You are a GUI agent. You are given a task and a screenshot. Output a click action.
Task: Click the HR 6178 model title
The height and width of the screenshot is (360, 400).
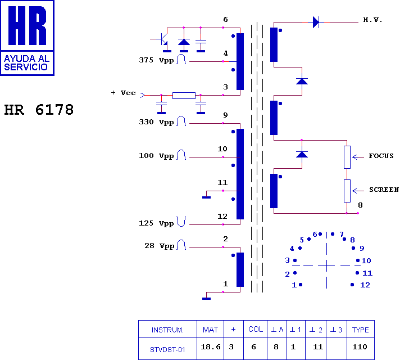click(x=39, y=110)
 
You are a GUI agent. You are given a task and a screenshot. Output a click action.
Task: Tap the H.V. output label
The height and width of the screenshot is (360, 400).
click(x=372, y=20)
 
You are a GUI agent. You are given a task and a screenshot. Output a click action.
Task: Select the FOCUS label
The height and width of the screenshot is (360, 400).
click(x=381, y=156)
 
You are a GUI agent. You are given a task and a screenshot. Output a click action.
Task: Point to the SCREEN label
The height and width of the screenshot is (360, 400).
click(x=384, y=190)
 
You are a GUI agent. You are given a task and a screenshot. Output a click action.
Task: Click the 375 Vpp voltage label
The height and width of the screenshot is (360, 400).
click(x=156, y=60)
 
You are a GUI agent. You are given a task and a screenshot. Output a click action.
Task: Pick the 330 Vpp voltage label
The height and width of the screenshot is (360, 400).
click(x=156, y=122)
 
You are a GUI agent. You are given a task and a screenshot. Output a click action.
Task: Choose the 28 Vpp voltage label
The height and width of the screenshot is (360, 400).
click(x=159, y=246)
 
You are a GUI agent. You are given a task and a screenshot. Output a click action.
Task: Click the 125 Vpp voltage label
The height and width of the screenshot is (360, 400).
click(x=156, y=223)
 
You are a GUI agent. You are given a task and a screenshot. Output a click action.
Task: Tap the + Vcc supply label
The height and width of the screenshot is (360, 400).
click(x=123, y=93)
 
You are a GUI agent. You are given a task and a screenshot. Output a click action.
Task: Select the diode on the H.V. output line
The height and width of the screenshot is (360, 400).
click(x=316, y=22)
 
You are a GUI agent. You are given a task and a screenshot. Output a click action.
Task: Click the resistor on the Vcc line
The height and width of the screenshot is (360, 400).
click(x=184, y=96)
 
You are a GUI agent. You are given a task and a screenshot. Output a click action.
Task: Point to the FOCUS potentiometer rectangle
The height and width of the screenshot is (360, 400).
click(x=347, y=157)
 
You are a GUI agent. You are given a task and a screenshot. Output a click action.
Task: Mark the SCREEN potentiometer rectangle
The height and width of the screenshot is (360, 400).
click(x=347, y=191)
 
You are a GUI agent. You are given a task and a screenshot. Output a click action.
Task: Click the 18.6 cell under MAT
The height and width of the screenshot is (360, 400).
click(x=211, y=347)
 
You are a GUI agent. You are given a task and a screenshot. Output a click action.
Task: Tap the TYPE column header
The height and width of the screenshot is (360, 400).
click(x=361, y=330)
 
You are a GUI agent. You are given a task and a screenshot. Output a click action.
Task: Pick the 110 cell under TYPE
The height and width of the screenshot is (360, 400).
click(x=360, y=347)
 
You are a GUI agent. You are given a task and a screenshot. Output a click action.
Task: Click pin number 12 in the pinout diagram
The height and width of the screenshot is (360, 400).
click(x=365, y=285)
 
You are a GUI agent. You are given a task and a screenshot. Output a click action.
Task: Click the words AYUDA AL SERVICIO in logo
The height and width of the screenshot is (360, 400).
click(x=26, y=63)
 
